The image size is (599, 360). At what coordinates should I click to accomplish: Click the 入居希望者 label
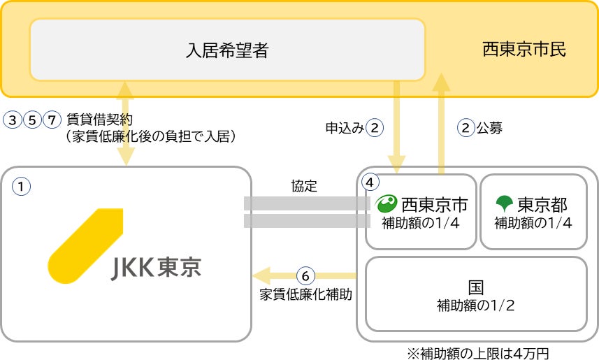(227, 50)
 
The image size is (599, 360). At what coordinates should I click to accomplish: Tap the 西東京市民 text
(524, 50)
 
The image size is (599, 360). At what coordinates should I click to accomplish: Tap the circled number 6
(305, 275)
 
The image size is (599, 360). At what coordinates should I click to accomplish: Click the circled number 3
(13, 119)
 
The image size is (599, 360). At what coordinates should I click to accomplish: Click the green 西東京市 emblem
(387, 204)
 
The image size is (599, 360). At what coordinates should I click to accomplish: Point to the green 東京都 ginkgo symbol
(503, 204)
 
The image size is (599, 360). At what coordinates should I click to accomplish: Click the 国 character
(476, 287)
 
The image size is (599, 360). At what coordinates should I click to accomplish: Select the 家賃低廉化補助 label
(305, 294)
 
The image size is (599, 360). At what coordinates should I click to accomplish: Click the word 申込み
(345, 128)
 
